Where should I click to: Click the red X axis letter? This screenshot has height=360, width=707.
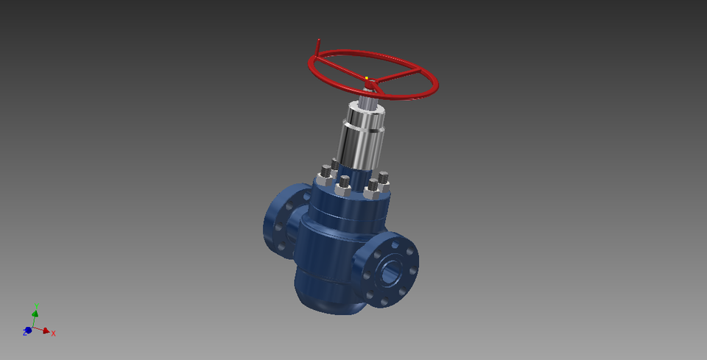(54, 333)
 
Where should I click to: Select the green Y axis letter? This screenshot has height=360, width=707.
(37, 306)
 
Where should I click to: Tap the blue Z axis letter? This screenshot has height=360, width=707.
(24, 333)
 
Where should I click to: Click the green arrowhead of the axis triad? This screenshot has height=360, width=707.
(35, 313)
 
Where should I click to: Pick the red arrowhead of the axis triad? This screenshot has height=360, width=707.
(46, 331)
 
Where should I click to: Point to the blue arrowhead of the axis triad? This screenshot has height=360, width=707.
(29, 330)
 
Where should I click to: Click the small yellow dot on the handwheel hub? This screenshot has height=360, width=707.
(366, 78)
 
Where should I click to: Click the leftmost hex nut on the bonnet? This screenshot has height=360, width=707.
(325, 177)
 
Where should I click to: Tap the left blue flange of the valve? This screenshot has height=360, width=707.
(280, 221)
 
